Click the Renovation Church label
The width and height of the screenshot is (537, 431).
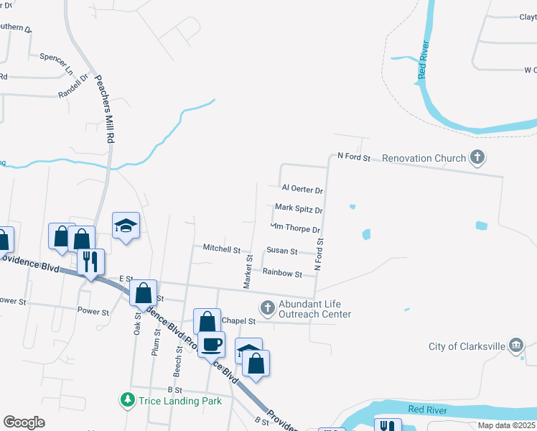point(424,158)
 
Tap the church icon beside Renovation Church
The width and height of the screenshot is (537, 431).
point(477,157)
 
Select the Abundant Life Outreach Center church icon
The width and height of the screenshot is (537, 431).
point(267,308)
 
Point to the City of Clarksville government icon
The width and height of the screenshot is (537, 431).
point(515,346)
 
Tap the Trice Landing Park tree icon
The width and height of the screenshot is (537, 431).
point(128,399)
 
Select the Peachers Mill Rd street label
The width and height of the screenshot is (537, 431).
point(106,107)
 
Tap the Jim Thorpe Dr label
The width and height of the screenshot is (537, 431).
point(295,228)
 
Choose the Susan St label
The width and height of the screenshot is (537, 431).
point(281,251)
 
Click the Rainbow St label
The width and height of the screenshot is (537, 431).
point(282,273)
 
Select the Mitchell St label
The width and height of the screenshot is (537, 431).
point(221,249)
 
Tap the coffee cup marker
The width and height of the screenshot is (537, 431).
point(211,343)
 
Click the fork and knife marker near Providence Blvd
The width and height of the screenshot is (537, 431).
point(90,260)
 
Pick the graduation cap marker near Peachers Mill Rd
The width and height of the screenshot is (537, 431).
point(126,225)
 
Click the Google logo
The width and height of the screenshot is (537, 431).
point(24,422)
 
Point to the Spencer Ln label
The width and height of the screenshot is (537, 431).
point(57,56)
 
